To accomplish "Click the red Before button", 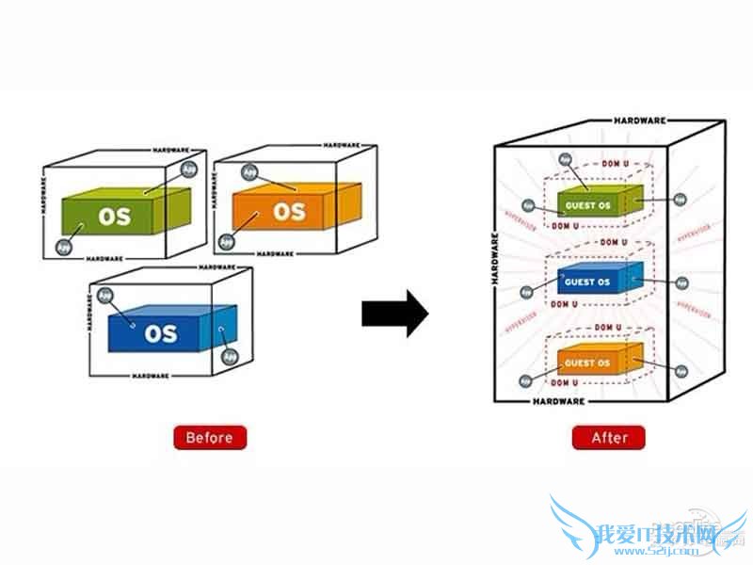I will [x=210, y=438].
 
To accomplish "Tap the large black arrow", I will [x=394, y=314].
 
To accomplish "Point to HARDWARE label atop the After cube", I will [x=640, y=121].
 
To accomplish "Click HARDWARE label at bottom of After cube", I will [x=559, y=401].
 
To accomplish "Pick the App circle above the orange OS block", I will [x=249, y=172].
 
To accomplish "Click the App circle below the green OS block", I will [x=65, y=248].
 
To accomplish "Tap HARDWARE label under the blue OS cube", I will [x=151, y=376].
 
